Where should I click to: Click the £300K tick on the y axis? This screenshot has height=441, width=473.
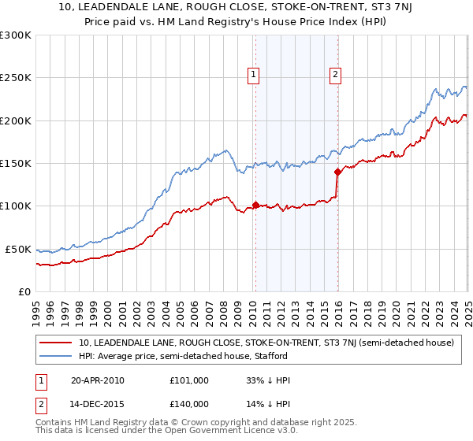(16, 35)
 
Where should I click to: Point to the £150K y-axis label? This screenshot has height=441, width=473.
(16, 164)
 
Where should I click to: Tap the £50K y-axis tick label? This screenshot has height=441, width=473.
(19, 249)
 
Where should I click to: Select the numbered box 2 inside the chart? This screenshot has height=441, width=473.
(336, 76)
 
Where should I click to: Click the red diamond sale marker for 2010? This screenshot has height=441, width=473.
(255, 206)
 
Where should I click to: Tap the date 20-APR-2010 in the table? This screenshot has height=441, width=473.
(98, 380)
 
